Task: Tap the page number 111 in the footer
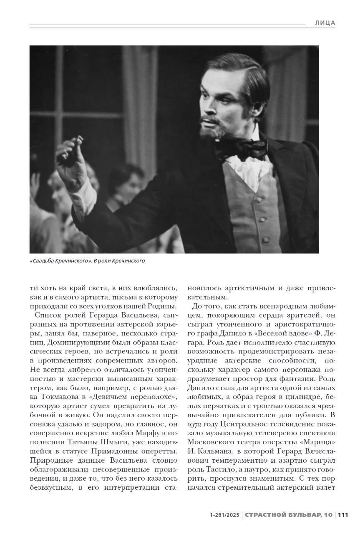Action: [x=342, y=515]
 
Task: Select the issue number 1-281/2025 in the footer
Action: [x=225, y=515]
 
